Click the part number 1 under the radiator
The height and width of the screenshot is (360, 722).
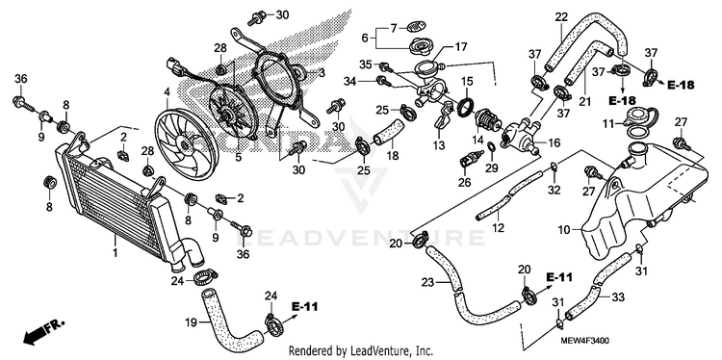tap(116, 253)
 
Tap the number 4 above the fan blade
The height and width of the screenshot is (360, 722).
tap(167, 93)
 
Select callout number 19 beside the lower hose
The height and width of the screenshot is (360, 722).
tap(192, 323)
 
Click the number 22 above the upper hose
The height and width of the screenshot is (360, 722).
tap(561, 17)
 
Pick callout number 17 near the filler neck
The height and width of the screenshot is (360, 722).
tap(461, 46)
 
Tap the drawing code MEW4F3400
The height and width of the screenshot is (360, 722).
tap(584, 341)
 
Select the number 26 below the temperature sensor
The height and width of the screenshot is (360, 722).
tap(464, 183)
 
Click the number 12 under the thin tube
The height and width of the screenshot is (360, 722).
tap(499, 228)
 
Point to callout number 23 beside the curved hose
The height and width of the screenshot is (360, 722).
tap(427, 282)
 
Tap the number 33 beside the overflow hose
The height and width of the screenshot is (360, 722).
tap(618, 297)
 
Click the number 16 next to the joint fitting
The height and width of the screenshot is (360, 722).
tap(554, 142)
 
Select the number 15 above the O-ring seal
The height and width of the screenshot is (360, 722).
tap(467, 82)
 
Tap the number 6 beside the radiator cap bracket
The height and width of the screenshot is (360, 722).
tap(365, 39)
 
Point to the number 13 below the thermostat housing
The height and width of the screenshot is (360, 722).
tap(438, 146)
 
